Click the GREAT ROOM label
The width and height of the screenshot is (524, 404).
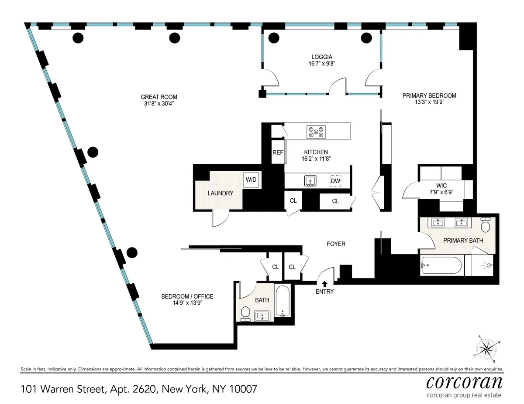pos(159,97)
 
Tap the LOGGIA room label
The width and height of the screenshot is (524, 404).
pos(322,57)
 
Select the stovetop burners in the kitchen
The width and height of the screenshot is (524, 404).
pos(316,131)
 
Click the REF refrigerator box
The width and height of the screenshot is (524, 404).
pos(278,153)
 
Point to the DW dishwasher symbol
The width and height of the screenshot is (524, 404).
pos(335,181)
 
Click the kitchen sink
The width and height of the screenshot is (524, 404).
pos(311,180)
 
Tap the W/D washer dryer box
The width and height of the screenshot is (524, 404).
pos(251,180)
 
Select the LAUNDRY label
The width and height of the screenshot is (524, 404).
pos(220,193)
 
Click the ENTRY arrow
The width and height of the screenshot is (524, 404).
pos(324,284)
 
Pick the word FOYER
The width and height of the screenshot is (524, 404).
pos(336,244)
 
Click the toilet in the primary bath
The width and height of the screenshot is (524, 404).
pos(485,225)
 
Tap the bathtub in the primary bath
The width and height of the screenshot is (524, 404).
pos(441,265)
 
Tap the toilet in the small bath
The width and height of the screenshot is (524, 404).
pos(245,313)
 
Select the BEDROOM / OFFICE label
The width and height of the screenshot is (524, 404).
pos(187,296)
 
